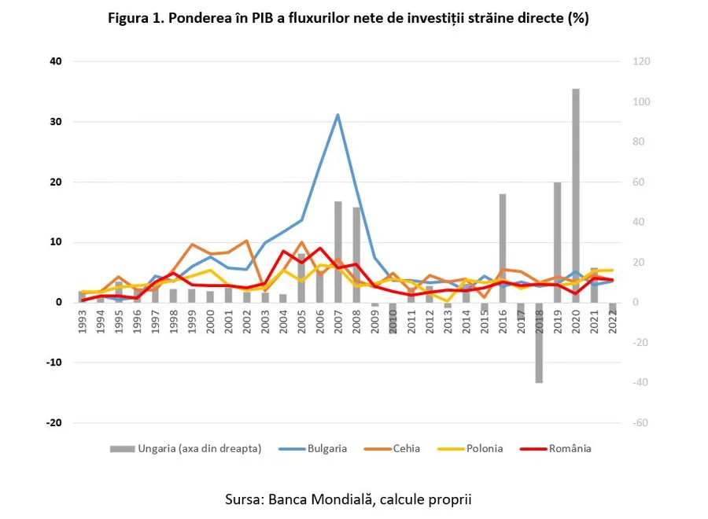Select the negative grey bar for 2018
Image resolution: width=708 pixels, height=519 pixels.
539,342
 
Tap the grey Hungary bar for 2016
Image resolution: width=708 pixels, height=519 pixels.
502,248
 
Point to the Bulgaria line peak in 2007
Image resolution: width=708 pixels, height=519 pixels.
337,116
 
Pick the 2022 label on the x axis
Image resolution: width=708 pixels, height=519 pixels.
611,321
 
